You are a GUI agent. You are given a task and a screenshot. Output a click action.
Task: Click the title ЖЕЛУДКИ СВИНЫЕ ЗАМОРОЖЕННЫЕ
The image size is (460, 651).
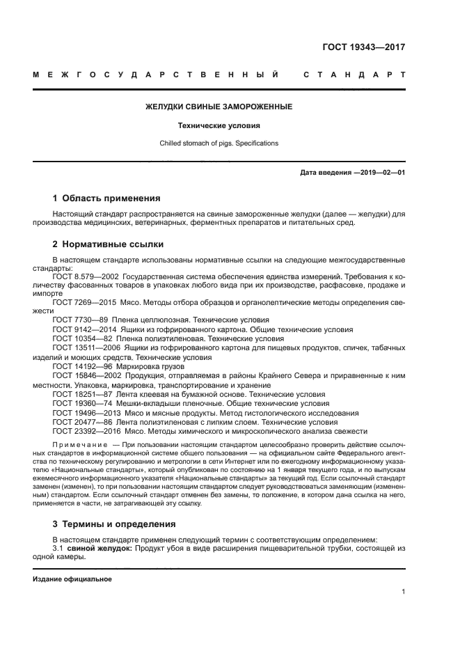(218, 107)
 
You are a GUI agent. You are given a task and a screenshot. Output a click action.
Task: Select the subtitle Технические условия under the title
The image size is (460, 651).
(218, 126)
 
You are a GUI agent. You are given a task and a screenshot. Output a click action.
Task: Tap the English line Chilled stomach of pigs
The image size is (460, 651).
(218, 143)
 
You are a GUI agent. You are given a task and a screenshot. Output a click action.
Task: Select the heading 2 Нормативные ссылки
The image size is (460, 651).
(108, 244)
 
